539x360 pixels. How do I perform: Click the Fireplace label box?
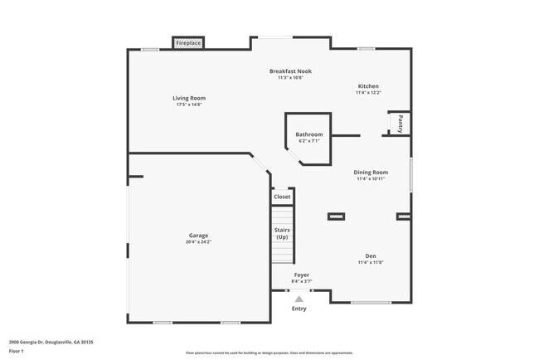(x=188, y=42)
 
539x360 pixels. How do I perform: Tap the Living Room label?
(x=189, y=98)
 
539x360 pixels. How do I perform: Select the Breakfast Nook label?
(x=290, y=71)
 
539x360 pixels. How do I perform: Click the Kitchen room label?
(x=368, y=86)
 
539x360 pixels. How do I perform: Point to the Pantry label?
(x=401, y=124)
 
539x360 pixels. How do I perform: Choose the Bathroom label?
(x=309, y=134)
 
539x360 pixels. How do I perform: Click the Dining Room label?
(x=371, y=173)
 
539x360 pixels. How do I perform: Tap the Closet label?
(x=283, y=197)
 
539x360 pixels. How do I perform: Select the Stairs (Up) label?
(x=282, y=233)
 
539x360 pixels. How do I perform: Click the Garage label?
(x=198, y=236)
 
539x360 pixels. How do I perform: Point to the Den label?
(x=371, y=256)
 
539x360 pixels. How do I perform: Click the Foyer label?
(x=302, y=275)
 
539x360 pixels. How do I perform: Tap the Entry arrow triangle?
(x=299, y=299)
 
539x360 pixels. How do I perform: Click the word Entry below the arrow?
(x=299, y=309)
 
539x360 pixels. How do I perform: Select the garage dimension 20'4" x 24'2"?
(x=198, y=242)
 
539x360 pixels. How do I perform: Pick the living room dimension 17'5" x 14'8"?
(x=189, y=105)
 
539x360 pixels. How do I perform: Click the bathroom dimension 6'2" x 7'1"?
(x=309, y=141)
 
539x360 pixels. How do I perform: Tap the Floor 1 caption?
(x=17, y=352)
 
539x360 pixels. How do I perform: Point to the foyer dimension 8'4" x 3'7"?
(x=302, y=281)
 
